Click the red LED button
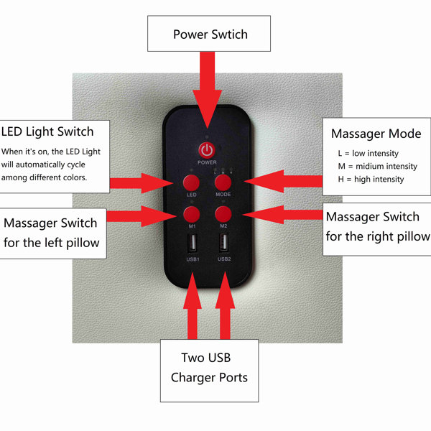pyautogui.click(x=191, y=182)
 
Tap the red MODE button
pyautogui.click(x=223, y=182)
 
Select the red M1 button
pyautogui.click(x=192, y=214)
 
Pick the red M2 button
pyautogui.click(x=223, y=214)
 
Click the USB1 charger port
pyautogui.click(x=193, y=243)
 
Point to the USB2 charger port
pyautogui.click(x=223, y=243)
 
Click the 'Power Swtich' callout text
pyautogui.click(x=210, y=34)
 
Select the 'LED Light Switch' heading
pyautogui.click(x=47, y=131)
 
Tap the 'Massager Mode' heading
pyautogui.click(x=376, y=134)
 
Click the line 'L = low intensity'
pyautogui.click(x=368, y=153)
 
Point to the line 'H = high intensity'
pyautogui.click(x=371, y=179)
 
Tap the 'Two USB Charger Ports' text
pyautogui.click(x=209, y=368)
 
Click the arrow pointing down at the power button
pyautogui.click(x=208, y=90)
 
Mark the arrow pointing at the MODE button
pyautogui.click(x=283, y=181)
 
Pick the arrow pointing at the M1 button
pyautogui.click(x=142, y=216)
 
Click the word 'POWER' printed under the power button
pyautogui.click(x=207, y=162)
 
